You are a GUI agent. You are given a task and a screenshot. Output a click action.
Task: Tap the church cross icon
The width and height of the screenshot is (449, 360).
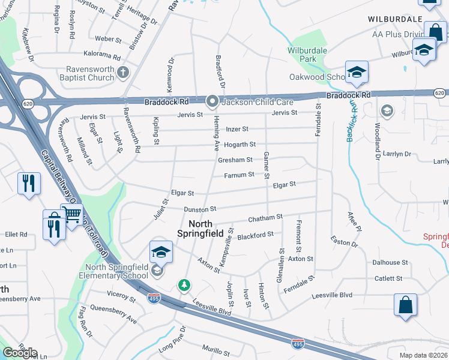[x=124, y=73]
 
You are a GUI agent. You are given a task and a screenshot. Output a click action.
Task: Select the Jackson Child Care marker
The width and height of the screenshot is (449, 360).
[x=211, y=102]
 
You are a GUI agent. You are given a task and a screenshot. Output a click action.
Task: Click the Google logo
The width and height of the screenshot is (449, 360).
[x=19, y=353]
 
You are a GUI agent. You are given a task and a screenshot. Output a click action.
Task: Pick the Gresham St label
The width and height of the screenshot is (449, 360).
[x=235, y=160]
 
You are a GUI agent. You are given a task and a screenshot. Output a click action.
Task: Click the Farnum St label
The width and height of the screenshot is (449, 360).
[x=240, y=176]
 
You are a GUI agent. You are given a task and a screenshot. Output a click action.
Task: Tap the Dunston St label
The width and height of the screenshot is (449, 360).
[x=200, y=209]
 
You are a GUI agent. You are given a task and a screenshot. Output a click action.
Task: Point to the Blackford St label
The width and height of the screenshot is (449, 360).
[x=255, y=235]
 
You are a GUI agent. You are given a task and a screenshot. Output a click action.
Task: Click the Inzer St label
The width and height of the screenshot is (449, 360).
[x=237, y=129]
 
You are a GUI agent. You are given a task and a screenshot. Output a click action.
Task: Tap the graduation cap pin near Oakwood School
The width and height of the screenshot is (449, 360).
[x=357, y=73]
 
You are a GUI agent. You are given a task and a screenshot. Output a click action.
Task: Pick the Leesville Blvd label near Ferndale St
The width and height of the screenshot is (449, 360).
[x=331, y=296]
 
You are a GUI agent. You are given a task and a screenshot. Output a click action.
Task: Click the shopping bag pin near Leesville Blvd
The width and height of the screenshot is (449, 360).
[x=405, y=304]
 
